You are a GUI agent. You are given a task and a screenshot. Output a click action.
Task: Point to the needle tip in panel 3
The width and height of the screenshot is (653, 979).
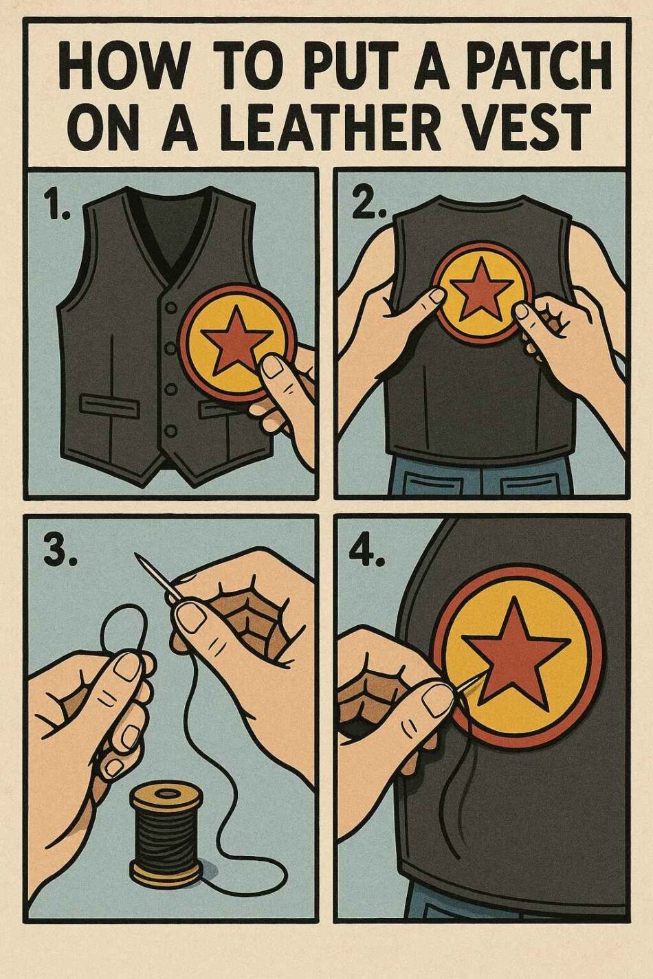[136, 554]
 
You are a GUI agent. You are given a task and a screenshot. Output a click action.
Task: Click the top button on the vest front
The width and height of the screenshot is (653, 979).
[172, 308]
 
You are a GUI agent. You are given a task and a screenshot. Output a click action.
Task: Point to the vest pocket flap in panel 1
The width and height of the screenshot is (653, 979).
[109, 405]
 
